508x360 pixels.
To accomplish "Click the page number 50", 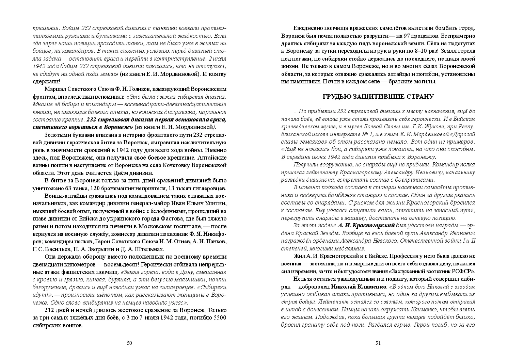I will pos(129,343).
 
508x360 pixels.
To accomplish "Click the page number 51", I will pos(378,343).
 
